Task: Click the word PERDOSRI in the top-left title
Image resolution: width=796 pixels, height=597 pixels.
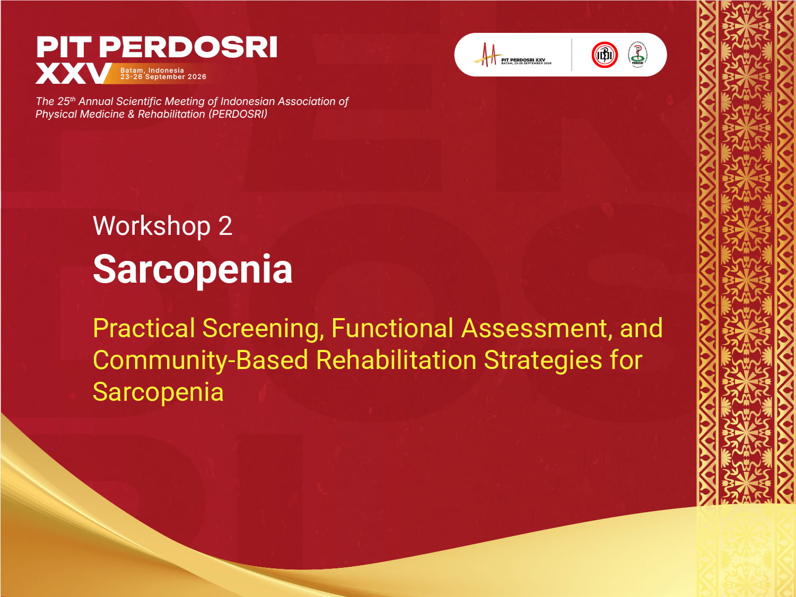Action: (188, 48)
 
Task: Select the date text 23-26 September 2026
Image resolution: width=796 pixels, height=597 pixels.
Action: (163, 77)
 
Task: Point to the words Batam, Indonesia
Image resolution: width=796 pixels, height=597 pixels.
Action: (152, 70)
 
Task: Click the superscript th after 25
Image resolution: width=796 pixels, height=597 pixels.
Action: (73, 99)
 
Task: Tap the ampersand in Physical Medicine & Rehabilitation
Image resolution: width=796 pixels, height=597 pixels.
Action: (131, 114)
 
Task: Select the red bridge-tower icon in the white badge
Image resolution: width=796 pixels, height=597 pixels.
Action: (487, 55)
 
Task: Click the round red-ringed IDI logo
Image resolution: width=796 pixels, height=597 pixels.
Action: (605, 55)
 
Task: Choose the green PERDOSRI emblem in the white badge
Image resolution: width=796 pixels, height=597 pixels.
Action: (637, 55)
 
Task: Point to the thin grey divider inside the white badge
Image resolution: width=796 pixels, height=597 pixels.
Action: (572, 55)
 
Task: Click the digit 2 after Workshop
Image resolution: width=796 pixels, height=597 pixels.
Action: (225, 226)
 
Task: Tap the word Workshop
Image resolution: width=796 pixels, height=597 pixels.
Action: (152, 226)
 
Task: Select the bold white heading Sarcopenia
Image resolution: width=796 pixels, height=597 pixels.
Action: (193, 269)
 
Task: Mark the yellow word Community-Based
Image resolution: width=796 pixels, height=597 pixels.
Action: (200, 361)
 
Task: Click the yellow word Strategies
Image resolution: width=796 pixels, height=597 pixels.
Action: (543, 361)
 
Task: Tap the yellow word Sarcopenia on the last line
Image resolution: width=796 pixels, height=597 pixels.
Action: (158, 392)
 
